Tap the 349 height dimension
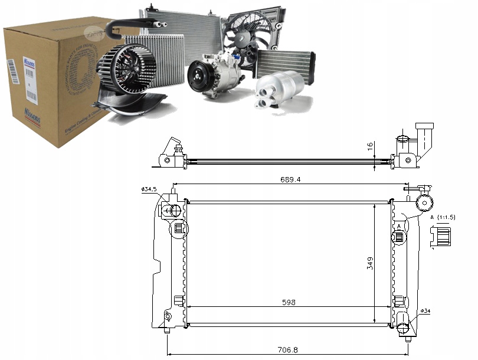coord(370,263)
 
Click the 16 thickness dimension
coord(370,146)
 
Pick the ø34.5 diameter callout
coord(149,189)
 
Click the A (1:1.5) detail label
coord(443,218)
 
